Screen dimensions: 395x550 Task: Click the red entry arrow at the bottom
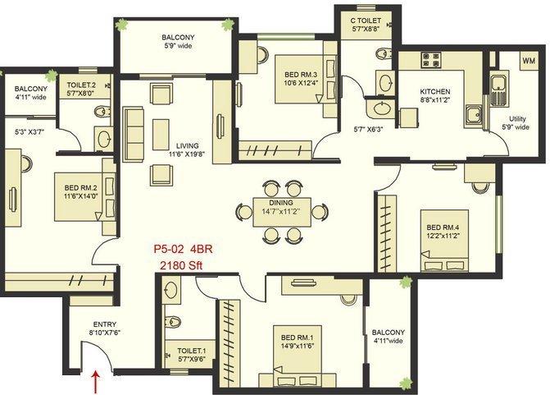click(x=98, y=381)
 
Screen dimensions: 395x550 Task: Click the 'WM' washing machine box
click(x=529, y=62)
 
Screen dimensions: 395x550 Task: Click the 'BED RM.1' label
click(x=299, y=337)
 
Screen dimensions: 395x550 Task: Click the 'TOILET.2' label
click(x=82, y=85)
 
